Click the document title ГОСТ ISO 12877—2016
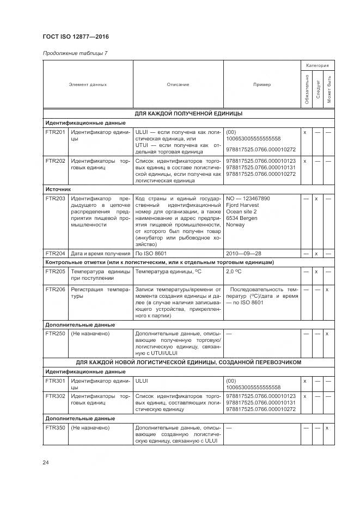pyautogui.click(x=76, y=37)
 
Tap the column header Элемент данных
pyautogui.click(x=88, y=84)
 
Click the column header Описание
pyautogui.click(x=178, y=84)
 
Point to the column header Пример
pyautogui.click(x=262, y=84)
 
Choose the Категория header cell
pyautogui.click(x=318, y=65)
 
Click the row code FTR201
pyautogui.click(x=55, y=132)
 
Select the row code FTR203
pyautogui.click(x=55, y=199)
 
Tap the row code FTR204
pyautogui.click(x=55, y=254)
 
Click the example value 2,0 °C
pyautogui.click(x=234, y=271)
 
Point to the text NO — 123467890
pyautogui.click(x=248, y=199)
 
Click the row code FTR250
pyautogui.click(x=55, y=333)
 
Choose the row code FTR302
pyautogui.click(x=55, y=396)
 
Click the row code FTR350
pyautogui.click(x=55, y=428)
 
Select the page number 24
pyautogui.click(x=46, y=463)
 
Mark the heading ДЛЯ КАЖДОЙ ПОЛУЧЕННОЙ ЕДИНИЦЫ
pyautogui.click(x=188, y=114)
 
